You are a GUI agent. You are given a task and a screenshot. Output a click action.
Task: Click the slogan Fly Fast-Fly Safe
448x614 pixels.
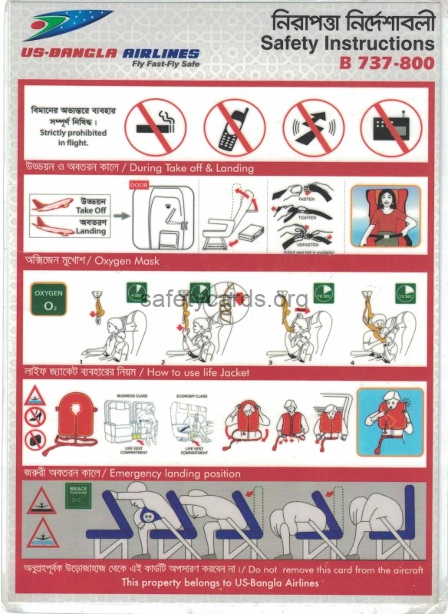tap(164, 64)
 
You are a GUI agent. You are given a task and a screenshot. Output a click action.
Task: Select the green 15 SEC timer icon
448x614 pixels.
tap(405, 293)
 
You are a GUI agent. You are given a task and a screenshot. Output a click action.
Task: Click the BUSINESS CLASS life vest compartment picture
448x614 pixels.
tap(132, 422)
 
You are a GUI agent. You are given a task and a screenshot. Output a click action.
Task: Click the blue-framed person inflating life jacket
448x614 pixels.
tap(390, 421)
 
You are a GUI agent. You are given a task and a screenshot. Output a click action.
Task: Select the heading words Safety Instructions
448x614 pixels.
tap(347, 44)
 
